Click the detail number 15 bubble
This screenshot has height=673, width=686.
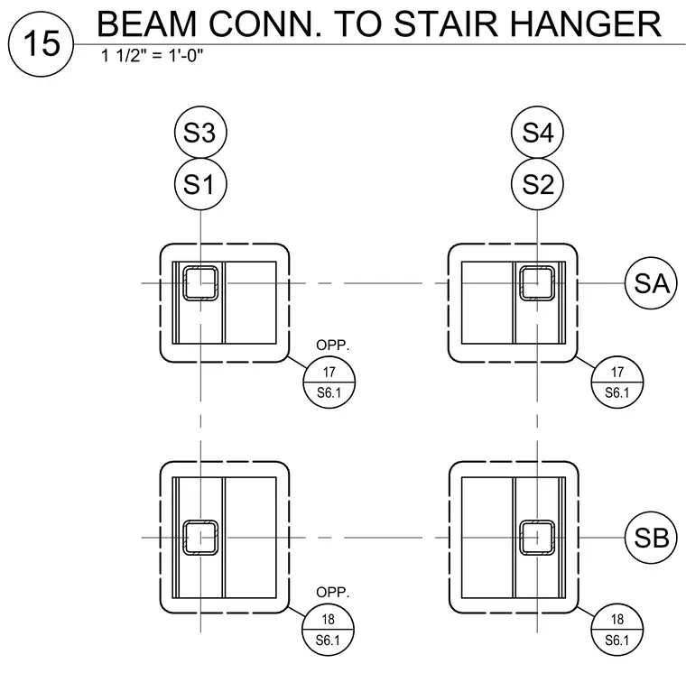pyautogui.click(x=42, y=44)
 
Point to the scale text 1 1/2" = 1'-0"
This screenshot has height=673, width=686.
pyautogui.click(x=153, y=56)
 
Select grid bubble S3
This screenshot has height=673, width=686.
pyautogui.click(x=200, y=132)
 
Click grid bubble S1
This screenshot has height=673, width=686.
pyautogui.click(x=200, y=184)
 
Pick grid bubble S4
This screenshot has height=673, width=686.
pyautogui.click(x=537, y=132)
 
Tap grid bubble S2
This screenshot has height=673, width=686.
pyautogui.click(x=537, y=184)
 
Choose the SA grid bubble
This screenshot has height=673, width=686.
pyautogui.click(x=651, y=283)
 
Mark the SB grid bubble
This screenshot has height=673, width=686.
pyautogui.click(x=651, y=538)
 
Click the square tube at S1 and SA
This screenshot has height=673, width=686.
pyautogui.click(x=200, y=283)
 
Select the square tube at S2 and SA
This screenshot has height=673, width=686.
pyautogui.click(x=537, y=283)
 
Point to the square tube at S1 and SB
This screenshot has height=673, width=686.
pyautogui.click(x=200, y=538)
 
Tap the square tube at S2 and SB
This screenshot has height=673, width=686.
pyautogui.click(x=537, y=538)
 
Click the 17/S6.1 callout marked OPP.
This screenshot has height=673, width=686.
pyautogui.click(x=329, y=383)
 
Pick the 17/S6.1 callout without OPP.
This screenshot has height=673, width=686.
pyautogui.click(x=617, y=383)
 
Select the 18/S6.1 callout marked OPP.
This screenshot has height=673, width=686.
pyautogui.click(x=329, y=630)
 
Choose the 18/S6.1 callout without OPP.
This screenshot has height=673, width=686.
pyautogui.click(x=617, y=630)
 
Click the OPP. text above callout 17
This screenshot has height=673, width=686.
pyautogui.click(x=333, y=345)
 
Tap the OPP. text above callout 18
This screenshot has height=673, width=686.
pyautogui.click(x=333, y=592)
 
